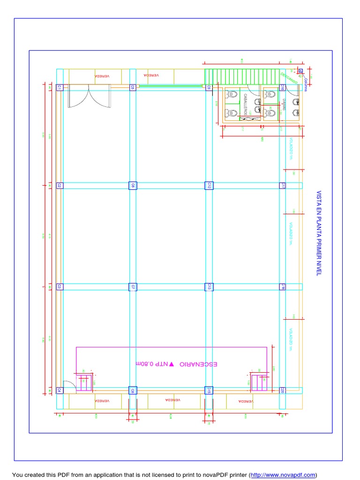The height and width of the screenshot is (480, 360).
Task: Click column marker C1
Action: point(60,87)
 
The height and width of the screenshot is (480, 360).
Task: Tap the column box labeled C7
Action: point(133,286)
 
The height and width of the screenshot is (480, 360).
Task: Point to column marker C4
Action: point(60,390)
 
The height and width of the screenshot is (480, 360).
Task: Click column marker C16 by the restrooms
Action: point(283,87)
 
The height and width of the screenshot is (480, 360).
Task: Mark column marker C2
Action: point(60,186)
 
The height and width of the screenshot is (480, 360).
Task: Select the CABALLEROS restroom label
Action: point(245,104)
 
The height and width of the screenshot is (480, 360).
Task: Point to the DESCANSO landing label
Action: point(289,77)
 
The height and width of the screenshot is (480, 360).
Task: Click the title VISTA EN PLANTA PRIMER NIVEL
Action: point(319,233)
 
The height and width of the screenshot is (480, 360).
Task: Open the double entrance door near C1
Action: point(89,97)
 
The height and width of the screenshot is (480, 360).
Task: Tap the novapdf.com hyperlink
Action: point(283,475)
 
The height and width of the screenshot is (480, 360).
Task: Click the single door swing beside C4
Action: point(68,385)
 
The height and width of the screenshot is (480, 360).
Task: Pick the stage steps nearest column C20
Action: point(259,383)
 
